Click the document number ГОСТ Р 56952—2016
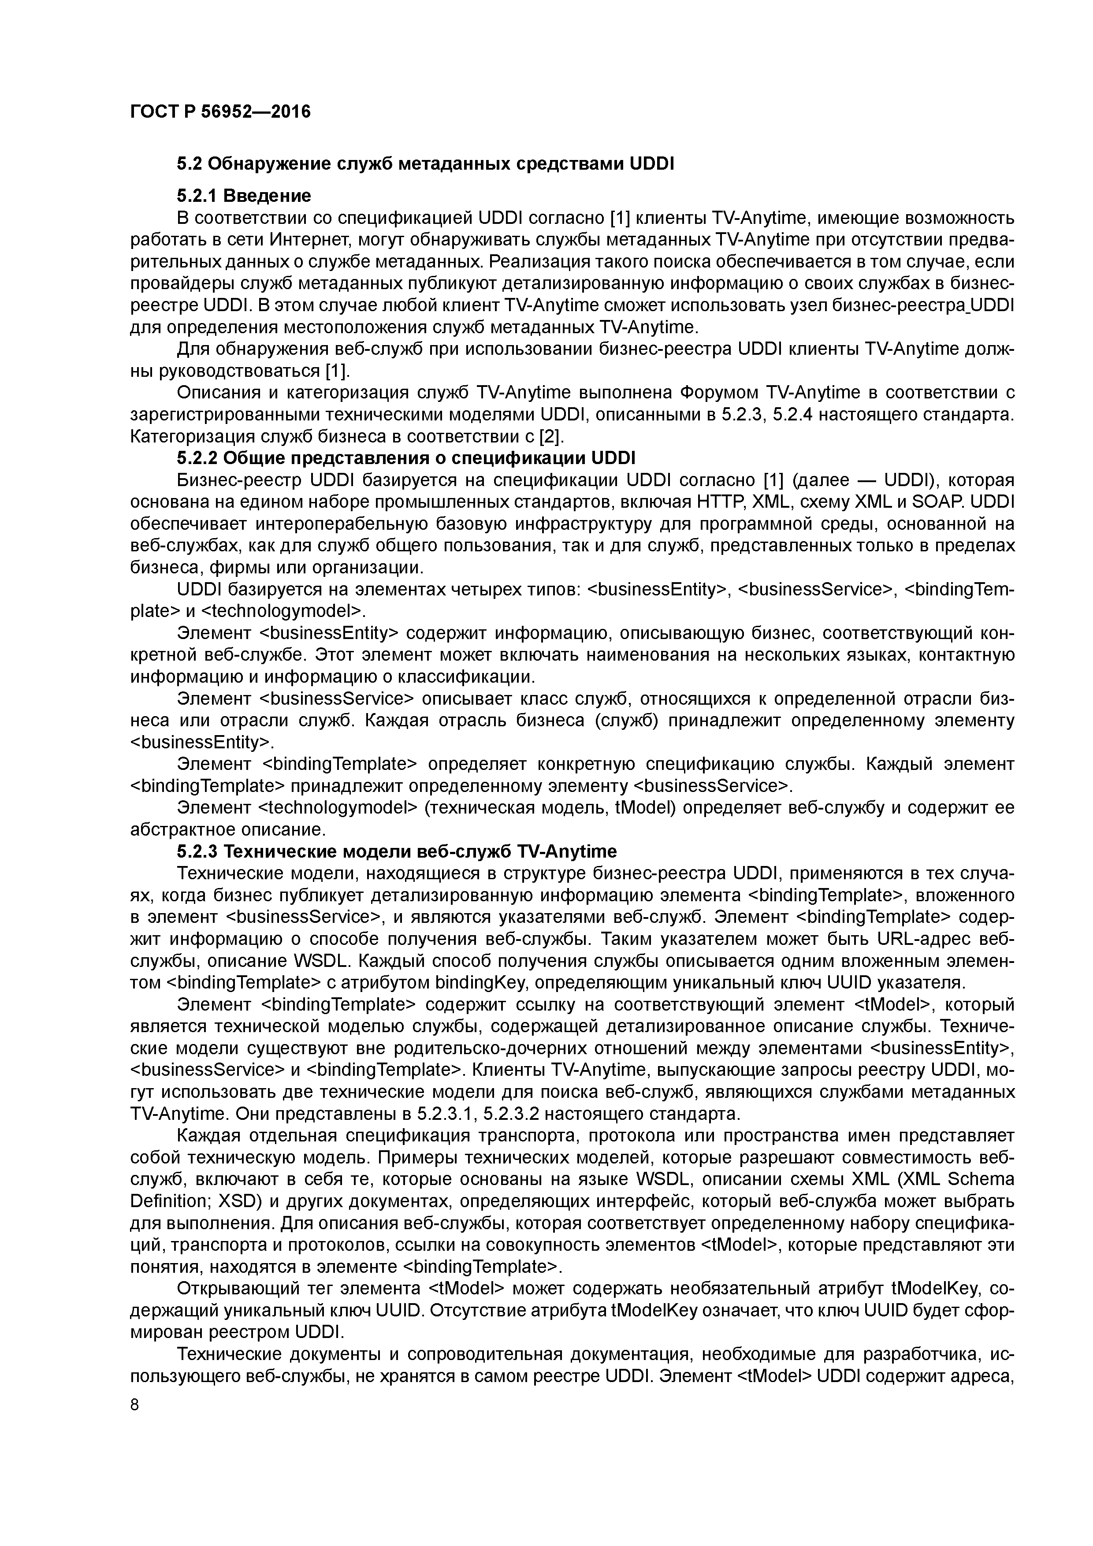(x=220, y=111)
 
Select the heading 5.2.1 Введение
(x=244, y=196)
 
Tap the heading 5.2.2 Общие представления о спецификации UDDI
(x=406, y=458)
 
